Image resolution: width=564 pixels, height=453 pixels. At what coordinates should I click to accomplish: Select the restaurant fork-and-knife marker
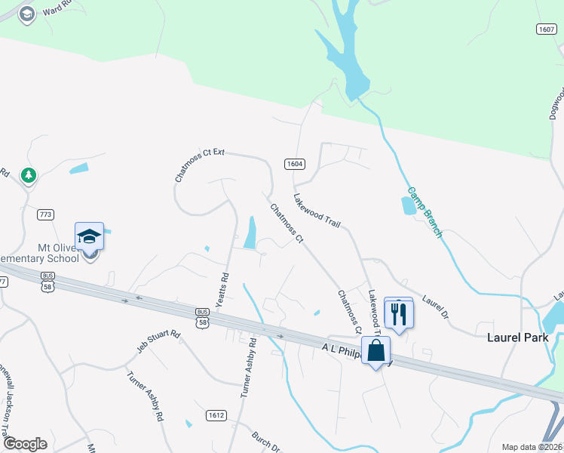399,313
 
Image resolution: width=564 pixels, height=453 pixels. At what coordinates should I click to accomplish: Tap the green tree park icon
29,175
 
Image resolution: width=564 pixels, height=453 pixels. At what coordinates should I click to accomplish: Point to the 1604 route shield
294,164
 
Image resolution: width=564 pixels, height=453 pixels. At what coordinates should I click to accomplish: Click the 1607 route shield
547,29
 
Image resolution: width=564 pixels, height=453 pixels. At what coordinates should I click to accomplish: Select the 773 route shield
45,215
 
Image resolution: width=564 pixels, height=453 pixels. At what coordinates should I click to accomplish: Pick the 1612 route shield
216,414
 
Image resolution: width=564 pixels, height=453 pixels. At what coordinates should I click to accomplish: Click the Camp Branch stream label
425,212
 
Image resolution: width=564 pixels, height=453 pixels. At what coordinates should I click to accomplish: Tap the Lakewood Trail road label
317,210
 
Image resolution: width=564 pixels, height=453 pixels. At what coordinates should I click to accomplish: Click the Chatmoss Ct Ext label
199,165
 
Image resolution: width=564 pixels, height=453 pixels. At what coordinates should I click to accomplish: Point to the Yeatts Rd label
223,288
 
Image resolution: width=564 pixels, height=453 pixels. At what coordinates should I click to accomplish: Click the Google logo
25,444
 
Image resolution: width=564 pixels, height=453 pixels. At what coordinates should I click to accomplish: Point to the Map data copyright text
532,447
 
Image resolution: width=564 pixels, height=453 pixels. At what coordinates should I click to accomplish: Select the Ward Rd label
57,9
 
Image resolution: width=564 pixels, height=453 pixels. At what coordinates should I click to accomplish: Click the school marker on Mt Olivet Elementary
89,236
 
